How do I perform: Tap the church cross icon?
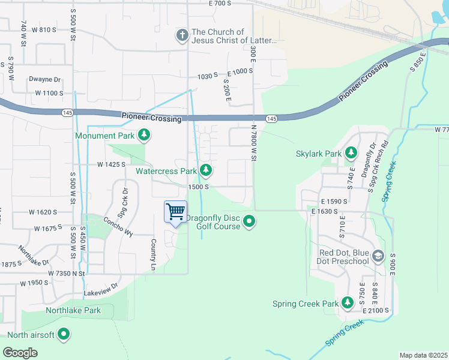pos(182,35)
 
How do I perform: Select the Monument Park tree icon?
pos(143,136)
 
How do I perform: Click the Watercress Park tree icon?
pos(206,171)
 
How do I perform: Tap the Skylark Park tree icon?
pos(351,154)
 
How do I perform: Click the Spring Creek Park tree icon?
pos(347,304)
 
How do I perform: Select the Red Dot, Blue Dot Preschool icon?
pos(378,257)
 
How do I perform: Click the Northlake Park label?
pos(73,310)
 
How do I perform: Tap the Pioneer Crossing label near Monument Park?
pos(151,119)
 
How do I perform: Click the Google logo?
pos(20,352)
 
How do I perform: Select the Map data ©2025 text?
pos(423,355)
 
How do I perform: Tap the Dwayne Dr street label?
pos(45,79)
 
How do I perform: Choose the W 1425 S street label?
pos(111,164)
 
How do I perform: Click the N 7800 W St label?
pos(254,144)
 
